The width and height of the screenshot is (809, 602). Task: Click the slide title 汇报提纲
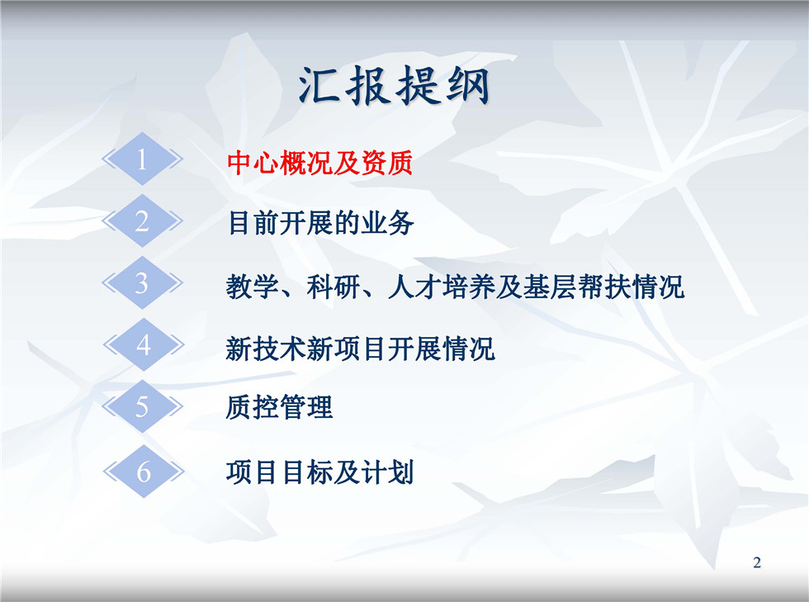(394, 86)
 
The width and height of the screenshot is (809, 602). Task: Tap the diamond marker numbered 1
(142, 159)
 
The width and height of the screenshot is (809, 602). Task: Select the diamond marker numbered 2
(142, 221)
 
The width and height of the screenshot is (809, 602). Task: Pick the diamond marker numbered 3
(142, 283)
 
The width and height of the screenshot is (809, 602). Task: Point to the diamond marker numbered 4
(144, 345)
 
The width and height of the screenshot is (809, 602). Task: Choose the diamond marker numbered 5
(142, 407)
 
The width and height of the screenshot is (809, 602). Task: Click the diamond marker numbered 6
(144, 472)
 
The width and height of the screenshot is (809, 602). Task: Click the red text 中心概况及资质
(320, 163)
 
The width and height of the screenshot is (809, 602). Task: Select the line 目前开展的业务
(320, 223)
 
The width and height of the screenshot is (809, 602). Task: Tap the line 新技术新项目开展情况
(360, 348)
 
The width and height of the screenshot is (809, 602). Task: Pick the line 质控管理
(279, 407)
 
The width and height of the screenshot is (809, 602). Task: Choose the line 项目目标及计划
(320, 472)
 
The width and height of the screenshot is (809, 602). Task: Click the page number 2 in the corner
(757, 562)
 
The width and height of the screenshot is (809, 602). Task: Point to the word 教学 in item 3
(253, 287)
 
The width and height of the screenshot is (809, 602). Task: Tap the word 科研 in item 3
(334, 287)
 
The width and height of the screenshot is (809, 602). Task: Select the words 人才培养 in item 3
(441, 287)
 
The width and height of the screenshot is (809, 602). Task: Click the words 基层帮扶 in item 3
(576, 287)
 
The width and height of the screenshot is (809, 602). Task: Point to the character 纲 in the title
(467, 86)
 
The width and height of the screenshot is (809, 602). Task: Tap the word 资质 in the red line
(387, 163)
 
